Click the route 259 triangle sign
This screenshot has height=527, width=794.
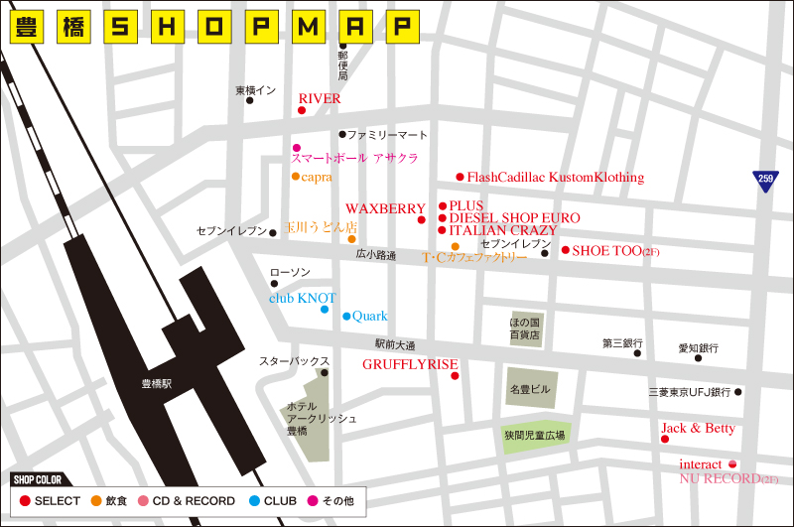(x=764, y=181)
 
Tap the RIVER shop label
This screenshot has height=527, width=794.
(x=320, y=99)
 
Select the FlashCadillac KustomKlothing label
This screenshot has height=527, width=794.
(x=555, y=178)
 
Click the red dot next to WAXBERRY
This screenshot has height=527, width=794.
(x=422, y=219)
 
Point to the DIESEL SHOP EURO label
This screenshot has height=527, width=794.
(x=514, y=218)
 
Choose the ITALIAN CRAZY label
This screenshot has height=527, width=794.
(x=503, y=230)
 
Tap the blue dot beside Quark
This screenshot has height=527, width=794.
(x=346, y=317)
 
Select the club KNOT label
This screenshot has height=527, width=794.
(x=303, y=298)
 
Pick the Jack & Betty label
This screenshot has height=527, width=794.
(x=699, y=429)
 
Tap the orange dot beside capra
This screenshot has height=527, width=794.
(x=295, y=177)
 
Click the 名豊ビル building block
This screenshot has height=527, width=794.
(x=529, y=389)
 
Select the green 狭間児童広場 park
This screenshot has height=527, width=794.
(x=533, y=436)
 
